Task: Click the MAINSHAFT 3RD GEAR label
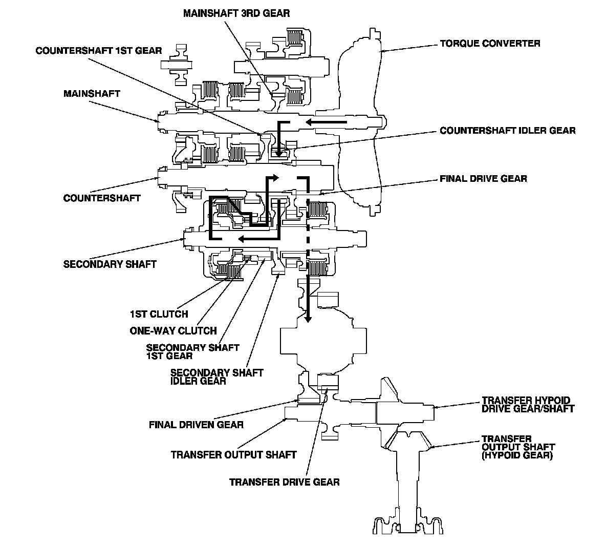[x=236, y=13]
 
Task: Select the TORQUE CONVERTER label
[x=490, y=44]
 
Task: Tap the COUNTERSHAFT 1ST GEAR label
[x=99, y=51]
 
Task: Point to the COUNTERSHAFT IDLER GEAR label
[x=508, y=131]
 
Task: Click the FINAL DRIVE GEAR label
[x=484, y=179]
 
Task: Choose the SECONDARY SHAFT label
[x=110, y=264]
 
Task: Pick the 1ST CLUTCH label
[x=159, y=314]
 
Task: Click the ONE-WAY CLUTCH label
[x=174, y=331]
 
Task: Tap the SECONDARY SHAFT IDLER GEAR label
[x=217, y=377]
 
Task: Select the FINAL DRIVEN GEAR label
[x=197, y=425]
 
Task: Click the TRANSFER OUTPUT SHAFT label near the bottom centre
[x=234, y=455]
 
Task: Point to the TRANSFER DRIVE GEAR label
[x=285, y=482]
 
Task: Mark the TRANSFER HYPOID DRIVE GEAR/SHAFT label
[x=528, y=405]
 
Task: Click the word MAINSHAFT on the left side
[x=92, y=94]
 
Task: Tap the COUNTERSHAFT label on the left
[x=102, y=198]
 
